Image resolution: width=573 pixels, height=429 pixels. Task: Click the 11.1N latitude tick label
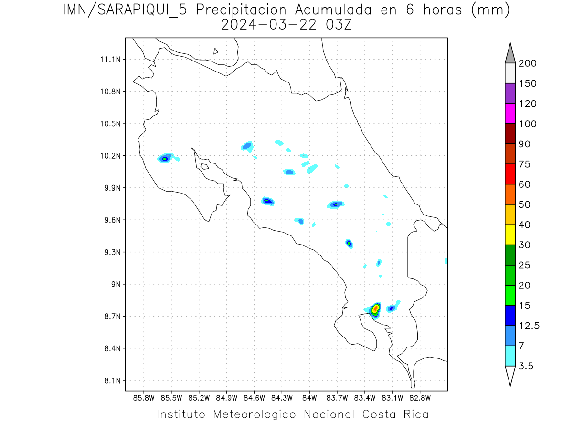(x=108, y=60)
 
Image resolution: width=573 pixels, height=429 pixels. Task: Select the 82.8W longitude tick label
(x=420, y=398)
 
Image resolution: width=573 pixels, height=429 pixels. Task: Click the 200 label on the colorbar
(x=528, y=63)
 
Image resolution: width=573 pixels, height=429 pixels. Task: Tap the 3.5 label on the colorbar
(x=526, y=366)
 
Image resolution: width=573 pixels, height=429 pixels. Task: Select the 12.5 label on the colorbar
(x=529, y=326)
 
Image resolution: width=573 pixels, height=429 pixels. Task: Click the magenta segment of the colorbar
(x=510, y=113)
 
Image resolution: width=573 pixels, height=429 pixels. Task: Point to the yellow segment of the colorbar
(x=510, y=235)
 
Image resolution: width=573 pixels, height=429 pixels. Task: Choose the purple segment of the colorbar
(x=510, y=93)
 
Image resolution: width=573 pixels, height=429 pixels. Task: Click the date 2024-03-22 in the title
(x=268, y=25)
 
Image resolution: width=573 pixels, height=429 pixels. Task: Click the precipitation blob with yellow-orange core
(x=375, y=309)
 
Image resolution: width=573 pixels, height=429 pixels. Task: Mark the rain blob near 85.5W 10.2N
(x=165, y=158)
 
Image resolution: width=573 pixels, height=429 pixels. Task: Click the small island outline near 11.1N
(x=216, y=51)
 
